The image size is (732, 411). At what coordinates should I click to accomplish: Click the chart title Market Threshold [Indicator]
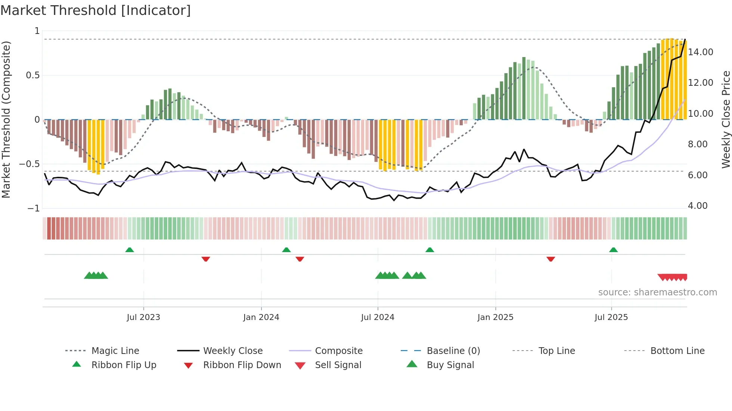click(x=96, y=10)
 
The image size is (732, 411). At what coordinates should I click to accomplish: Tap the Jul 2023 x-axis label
click(x=143, y=317)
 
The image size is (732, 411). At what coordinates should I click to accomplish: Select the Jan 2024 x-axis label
click(x=261, y=317)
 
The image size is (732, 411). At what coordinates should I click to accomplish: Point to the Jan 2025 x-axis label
click(x=495, y=317)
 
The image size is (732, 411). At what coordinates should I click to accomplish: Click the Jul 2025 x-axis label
click(x=611, y=317)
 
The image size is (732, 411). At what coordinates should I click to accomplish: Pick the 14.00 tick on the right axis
click(x=701, y=52)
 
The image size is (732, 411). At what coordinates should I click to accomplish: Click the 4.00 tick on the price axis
click(x=698, y=206)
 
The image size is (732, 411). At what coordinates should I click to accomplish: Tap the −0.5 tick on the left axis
click(x=30, y=164)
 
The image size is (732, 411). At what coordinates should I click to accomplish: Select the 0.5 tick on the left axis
click(x=32, y=75)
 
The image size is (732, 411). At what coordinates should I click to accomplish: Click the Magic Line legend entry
click(x=115, y=351)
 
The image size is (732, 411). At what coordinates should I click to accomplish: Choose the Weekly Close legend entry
click(x=233, y=351)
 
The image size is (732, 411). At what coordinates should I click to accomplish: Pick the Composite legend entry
click(x=339, y=351)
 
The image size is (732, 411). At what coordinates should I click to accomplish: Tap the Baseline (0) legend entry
click(x=453, y=351)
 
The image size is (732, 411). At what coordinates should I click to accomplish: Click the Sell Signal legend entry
click(x=338, y=365)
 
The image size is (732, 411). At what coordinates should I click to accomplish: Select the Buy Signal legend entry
click(x=450, y=365)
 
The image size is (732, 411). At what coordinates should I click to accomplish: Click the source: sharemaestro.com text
click(x=657, y=292)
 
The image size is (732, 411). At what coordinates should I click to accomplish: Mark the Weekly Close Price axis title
click(x=726, y=119)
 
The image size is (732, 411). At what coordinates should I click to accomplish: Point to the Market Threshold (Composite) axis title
click(x=6, y=119)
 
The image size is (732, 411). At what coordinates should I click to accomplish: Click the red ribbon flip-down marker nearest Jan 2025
click(x=550, y=259)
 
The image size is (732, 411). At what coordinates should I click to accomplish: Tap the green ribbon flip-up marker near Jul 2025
click(x=613, y=250)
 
